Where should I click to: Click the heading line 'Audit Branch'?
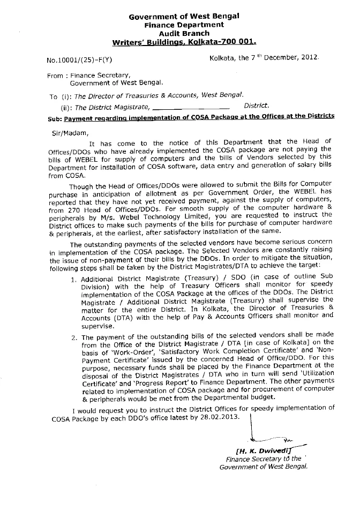184,33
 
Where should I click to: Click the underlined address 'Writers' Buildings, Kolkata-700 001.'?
184,41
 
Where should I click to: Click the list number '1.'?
74,279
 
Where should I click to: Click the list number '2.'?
74,337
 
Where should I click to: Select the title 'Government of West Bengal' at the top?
184,17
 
